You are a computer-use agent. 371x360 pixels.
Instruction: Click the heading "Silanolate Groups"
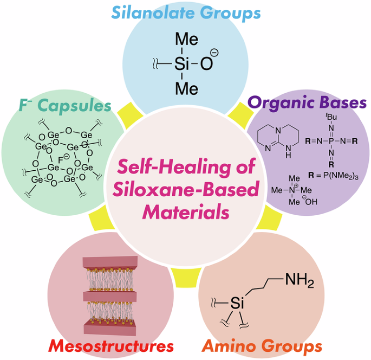[185, 12]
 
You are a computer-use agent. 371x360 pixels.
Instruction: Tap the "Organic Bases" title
[308, 102]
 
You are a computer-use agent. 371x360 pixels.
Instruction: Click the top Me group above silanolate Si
[185, 40]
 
